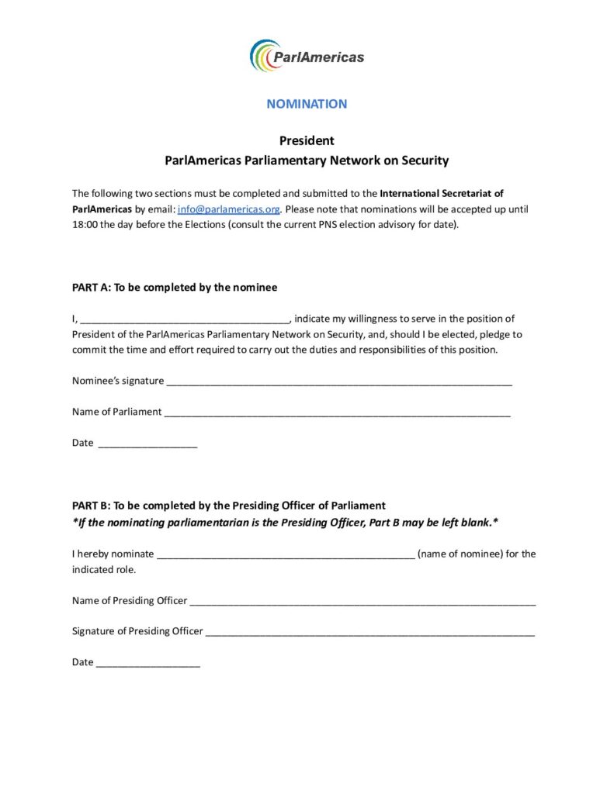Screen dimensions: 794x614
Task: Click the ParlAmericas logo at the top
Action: (307, 56)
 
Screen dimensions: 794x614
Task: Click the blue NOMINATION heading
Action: (307, 104)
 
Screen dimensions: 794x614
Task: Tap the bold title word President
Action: (307, 141)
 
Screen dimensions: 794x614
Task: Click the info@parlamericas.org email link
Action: (228, 209)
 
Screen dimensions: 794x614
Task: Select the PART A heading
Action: (175, 288)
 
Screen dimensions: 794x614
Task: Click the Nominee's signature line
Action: (339, 381)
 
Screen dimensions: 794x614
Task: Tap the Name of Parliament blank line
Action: (337, 413)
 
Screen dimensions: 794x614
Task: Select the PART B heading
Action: (229, 506)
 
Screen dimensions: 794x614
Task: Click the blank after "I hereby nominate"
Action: (286, 554)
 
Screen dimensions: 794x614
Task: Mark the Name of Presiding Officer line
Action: (363, 601)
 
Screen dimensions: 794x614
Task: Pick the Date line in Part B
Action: (148, 663)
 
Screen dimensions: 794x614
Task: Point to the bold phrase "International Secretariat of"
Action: (442, 194)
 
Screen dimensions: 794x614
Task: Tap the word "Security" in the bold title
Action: (424, 161)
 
